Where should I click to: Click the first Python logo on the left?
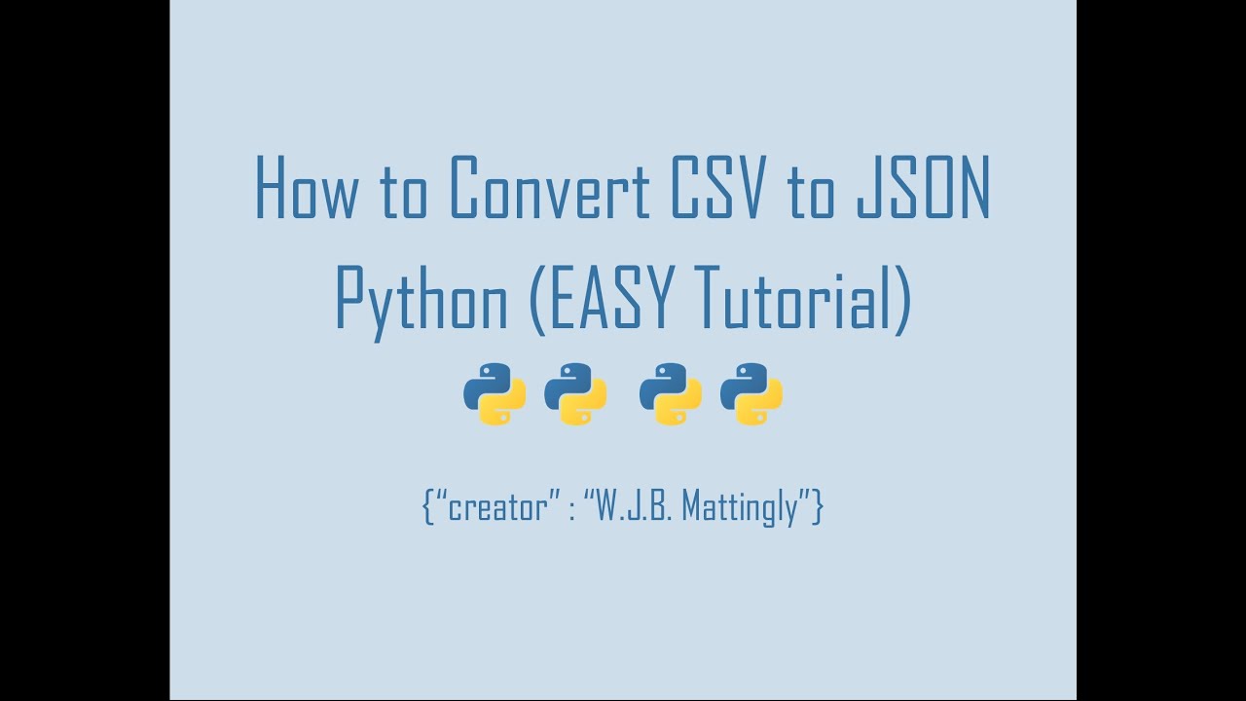point(495,394)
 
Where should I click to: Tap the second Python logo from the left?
point(575,394)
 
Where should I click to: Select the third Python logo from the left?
point(671,394)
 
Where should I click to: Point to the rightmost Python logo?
point(751,394)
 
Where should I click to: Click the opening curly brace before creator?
point(427,507)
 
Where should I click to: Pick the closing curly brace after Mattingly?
point(819,507)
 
